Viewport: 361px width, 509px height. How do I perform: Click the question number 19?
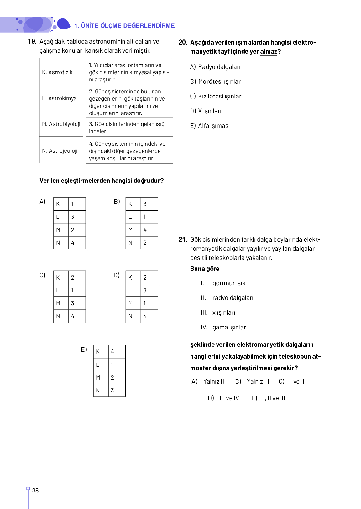point(32,41)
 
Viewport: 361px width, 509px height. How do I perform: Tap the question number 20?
point(183,42)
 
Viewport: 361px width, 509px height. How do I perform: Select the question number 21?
point(183,239)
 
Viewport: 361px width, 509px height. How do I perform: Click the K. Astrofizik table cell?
point(61,72)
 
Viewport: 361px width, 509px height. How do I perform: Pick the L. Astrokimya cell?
point(61,98)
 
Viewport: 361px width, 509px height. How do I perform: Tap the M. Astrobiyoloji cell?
point(61,124)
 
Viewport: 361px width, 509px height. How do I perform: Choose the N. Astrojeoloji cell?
point(61,151)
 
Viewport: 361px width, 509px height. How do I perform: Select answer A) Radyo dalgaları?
point(215,67)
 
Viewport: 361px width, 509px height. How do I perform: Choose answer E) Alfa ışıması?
point(210,126)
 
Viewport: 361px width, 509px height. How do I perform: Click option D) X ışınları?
point(206,111)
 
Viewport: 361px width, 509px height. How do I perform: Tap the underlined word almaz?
point(269,51)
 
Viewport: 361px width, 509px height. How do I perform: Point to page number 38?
point(35,491)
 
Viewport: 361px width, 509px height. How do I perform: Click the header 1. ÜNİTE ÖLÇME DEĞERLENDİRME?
point(124,25)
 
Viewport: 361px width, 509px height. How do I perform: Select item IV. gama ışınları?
point(224,327)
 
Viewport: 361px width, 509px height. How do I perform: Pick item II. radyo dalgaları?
point(227,298)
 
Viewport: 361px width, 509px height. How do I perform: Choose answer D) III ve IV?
point(223,398)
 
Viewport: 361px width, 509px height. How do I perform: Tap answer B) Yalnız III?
point(252,381)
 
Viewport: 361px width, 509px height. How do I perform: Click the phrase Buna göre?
point(205,269)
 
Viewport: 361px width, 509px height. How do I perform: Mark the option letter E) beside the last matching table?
point(84,349)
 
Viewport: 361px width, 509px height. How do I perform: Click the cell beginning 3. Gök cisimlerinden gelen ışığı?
point(129,128)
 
